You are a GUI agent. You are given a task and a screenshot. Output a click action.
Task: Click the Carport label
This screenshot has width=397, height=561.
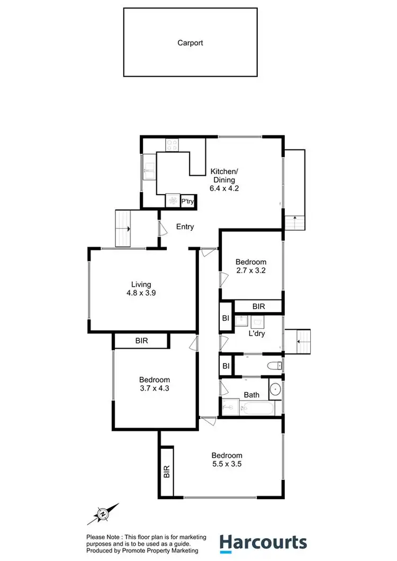(190, 43)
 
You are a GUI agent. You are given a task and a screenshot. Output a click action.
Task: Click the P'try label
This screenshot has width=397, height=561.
(188, 201)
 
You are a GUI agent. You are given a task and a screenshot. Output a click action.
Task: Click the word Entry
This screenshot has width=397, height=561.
(185, 227)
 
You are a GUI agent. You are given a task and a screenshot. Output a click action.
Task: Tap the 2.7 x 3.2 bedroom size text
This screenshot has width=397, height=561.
(250, 271)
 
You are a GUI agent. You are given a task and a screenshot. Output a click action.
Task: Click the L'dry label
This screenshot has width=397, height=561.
(257, 334)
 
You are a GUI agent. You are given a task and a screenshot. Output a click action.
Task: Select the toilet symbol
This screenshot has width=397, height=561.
(275, 365)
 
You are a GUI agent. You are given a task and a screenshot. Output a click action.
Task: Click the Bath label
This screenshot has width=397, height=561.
(251, 395)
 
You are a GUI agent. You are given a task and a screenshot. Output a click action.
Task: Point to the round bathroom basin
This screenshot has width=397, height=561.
(276, 390)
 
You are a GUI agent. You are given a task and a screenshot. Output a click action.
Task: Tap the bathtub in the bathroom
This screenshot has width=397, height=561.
(256, 409)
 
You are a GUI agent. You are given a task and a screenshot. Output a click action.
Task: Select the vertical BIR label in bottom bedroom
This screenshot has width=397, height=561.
(166, 472)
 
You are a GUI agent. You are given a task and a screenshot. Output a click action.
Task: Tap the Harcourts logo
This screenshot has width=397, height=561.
(263, 542)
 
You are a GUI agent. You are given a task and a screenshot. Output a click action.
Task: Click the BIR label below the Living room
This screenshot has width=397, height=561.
(141, 341)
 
